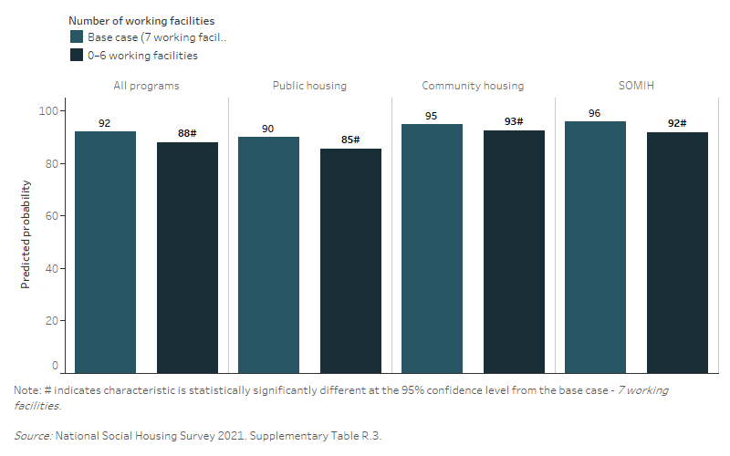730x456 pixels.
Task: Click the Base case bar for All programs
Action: click(x=105, y=252)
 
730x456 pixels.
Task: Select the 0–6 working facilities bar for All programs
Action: click(x=187, y=257)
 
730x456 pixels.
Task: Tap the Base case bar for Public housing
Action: click(x=268, y=254)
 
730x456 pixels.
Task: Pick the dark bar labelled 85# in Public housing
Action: click(x=350, y=261)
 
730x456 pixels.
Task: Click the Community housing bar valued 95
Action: click(x=432, y=248)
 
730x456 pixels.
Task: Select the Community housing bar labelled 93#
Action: click(x=514, y=251)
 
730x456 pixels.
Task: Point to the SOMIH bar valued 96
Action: click(x=595, y=246)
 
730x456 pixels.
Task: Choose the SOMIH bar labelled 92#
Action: click(x=677, y=253)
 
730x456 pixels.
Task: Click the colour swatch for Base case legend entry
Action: click(x=77, y=37)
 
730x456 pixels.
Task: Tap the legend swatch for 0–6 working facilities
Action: click(x=77, y=55)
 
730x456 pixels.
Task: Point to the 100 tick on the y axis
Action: click(x=48, y=111)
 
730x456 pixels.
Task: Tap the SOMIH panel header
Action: click(x=636, y=86)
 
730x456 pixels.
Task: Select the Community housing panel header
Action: click(x=473, y=86)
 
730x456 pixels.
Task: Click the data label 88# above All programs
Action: click(x=187, y=133)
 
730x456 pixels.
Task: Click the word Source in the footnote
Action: click(x=32, y=436)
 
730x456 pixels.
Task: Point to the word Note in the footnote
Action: click(x=26, y=390)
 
